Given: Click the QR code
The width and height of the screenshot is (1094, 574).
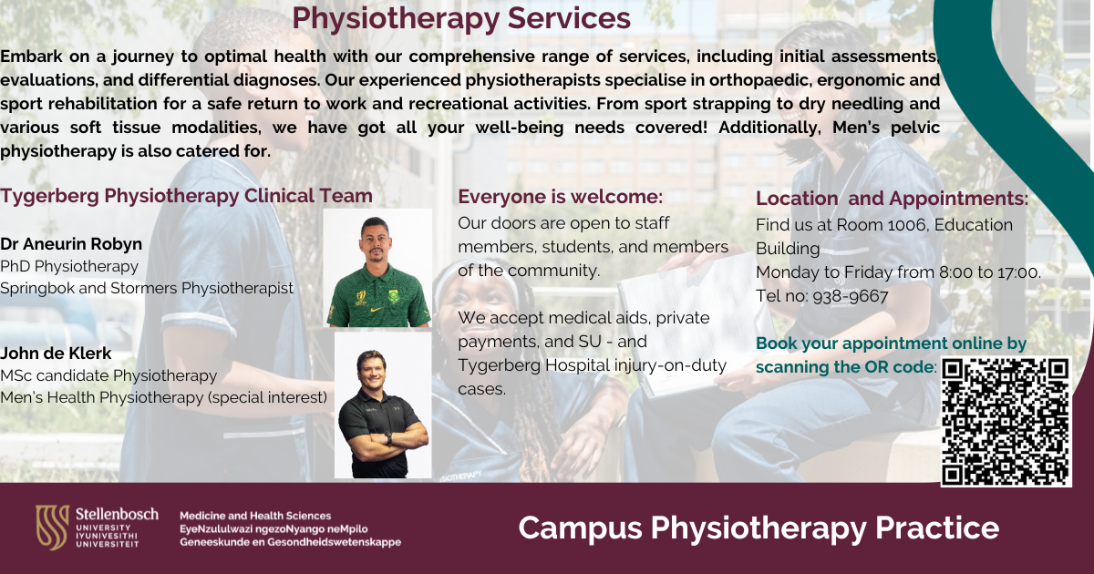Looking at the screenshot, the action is point(1006,422).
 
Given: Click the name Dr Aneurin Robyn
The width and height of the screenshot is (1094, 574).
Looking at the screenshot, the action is point(71,243).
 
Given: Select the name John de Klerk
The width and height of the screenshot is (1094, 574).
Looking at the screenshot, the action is point(56,353).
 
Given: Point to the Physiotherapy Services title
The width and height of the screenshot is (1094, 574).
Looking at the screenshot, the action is point(461,18).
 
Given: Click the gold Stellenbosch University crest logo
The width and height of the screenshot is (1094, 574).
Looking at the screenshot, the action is point(52,528).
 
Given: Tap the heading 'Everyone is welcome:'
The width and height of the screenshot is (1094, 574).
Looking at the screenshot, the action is point(560,197).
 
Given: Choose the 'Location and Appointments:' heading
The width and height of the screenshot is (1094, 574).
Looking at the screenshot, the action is point(893,199).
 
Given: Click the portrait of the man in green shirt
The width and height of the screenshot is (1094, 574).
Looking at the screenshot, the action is point(378,268).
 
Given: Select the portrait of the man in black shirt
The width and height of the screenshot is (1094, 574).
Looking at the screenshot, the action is point(383,405).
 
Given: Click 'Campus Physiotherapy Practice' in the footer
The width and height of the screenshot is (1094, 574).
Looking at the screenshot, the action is point(759,528).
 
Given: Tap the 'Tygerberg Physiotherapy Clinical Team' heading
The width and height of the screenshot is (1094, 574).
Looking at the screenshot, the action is point(186,196).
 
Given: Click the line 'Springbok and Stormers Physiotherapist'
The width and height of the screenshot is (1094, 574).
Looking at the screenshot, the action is point(147,288).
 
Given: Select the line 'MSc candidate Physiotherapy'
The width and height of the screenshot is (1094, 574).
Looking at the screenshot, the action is point(108,375).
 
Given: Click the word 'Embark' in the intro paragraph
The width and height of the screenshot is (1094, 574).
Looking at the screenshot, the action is point(31,56).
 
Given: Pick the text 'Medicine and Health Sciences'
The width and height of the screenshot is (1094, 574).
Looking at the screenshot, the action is point(255,516).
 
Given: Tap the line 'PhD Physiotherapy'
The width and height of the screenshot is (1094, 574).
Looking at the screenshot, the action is point(69,266).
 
